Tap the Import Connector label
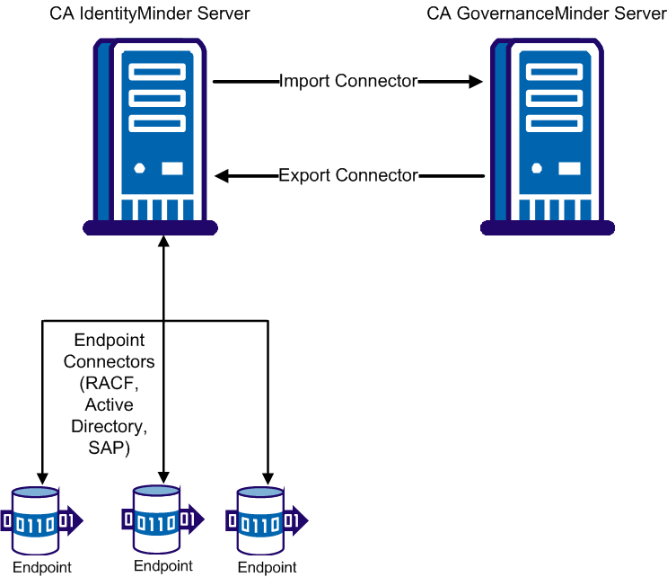(x=348, y=82)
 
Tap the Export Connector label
(x=348, y=175)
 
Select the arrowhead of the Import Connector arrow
(x=475, y=82)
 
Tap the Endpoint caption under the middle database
(x=162, y=566)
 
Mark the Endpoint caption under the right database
(x=267, y=567)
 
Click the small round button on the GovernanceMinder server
(x=537, y=168)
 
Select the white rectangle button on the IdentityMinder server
(x=171, y=168)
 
